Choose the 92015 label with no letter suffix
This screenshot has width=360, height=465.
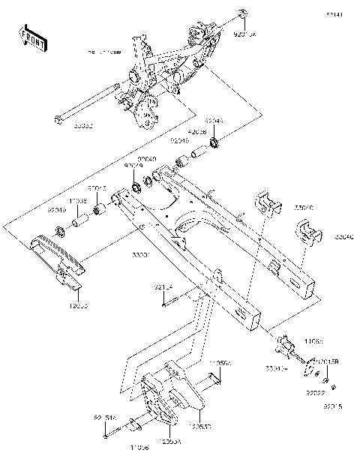point(331,406)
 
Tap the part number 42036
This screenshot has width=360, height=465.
point(197,130)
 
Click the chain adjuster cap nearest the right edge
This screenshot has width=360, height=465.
point(308,234)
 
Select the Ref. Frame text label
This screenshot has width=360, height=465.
point(104,54)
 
